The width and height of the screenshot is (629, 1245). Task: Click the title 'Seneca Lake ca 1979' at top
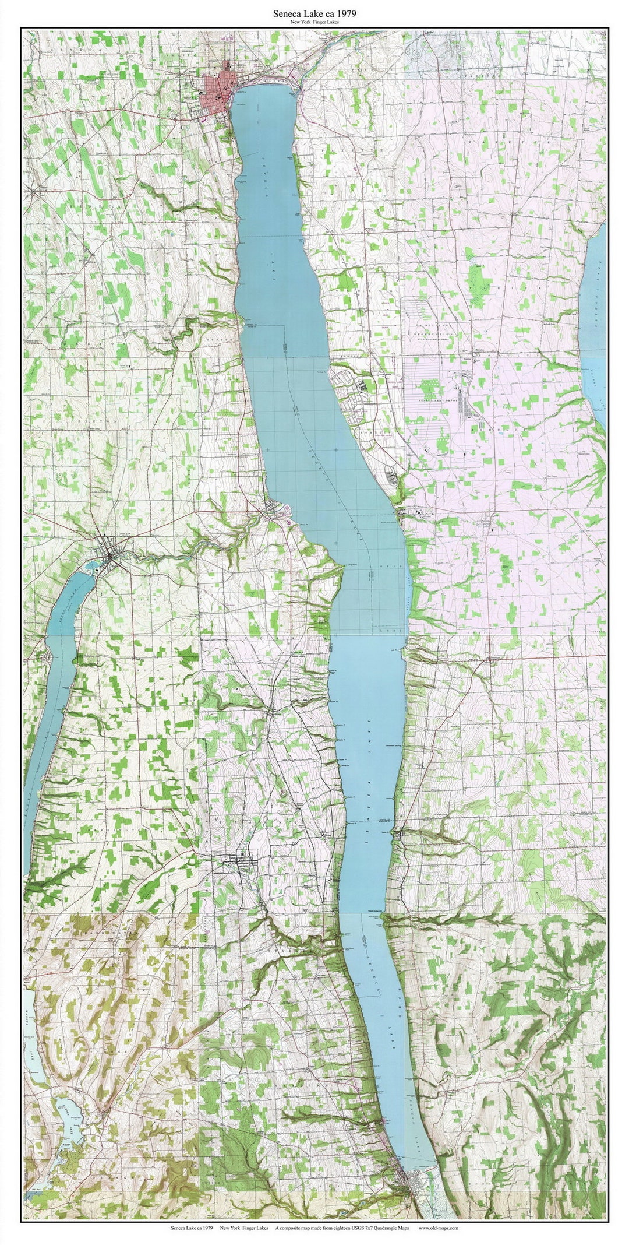[x=314, y=12]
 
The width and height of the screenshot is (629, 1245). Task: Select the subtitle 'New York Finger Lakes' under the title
[x=314, y=22]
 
